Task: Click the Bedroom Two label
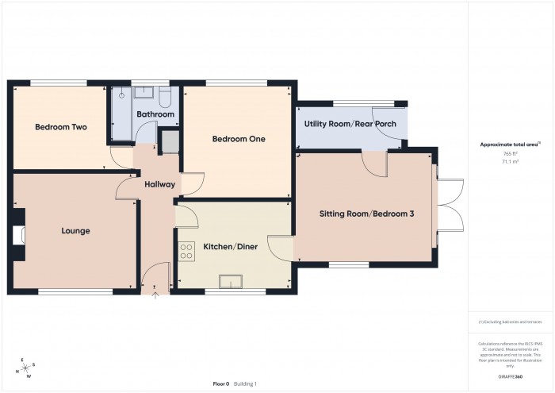pos(60,127)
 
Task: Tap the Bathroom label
pos(155,114)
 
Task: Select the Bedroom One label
pos(238,138)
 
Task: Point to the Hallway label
pos(159,185)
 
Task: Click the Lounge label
pos(75,231)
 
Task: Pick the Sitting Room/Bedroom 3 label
pos(366,214)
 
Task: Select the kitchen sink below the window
pos(233,280)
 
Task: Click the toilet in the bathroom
pos(164,96)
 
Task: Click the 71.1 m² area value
pos(510,160)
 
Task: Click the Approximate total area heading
pos(510,144)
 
